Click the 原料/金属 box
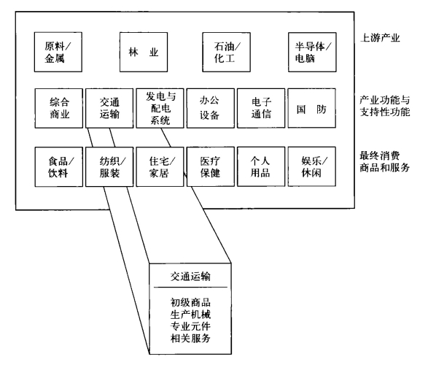[x=58, y=53]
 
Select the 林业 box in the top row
[x=144, y=53]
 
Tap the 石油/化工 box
[x=226, y=53]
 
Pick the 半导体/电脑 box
[x=312, y=53]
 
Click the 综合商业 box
[x=58, y=108]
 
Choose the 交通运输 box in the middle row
[x=109, y=108]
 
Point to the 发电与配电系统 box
[x=160, y=108]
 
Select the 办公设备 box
[x=211, y=108]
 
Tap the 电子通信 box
[x=261, y=108]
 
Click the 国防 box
[x=312, y=108]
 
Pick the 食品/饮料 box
[x=58, y=167]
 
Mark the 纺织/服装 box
[x=109, y=167]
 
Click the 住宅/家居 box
[x=160, y=167]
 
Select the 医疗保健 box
[x=211, y=167]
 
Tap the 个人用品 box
[x=261, y=167]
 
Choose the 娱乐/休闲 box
[x=312, y=167]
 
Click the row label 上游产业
[x=380, y=38]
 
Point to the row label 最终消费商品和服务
[x=384, y=162]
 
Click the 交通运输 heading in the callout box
[x=190, y=277]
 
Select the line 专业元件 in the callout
[x=190, y=326]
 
